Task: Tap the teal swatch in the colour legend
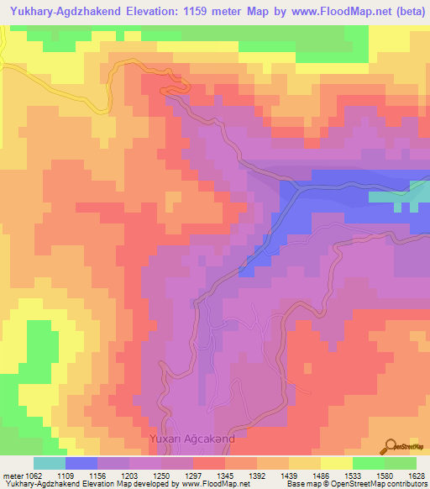click(x=49, y=463)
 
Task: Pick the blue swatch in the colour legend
click(x=81, y=463)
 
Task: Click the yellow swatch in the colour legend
click(x=336, y=463)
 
